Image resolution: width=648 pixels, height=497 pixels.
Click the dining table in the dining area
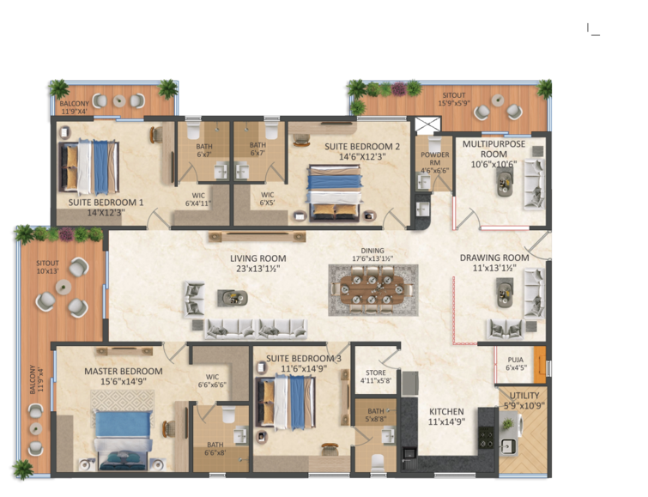pos(372,289)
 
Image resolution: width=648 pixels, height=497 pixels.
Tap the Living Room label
pos(257,258)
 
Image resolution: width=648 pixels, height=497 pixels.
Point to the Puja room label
pos(515,361)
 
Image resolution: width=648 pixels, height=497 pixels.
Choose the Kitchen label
pos(445,411)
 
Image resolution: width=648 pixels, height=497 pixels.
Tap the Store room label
pos(375,372)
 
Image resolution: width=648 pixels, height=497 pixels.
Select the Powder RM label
pos(434,155)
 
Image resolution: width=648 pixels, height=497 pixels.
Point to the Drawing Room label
pos(494,258)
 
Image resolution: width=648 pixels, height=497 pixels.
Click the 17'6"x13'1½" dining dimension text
pos(372,258)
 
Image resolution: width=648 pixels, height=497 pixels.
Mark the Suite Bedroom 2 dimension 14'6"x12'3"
pos(362,157)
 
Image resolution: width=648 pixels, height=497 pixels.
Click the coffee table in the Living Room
pos(232,298)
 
